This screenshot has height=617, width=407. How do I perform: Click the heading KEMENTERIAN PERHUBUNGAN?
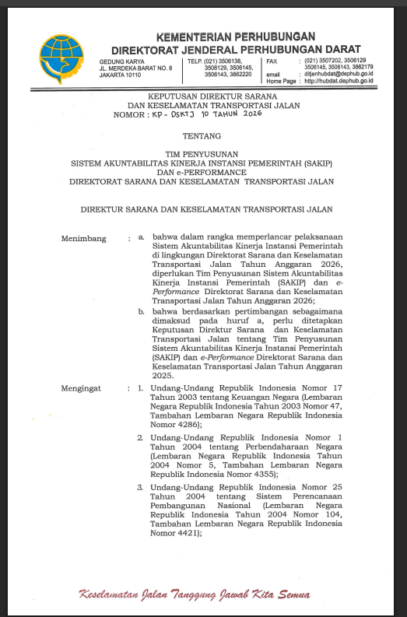pyautogui.click(x=235, y=37)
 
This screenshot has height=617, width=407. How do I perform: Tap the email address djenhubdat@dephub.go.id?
pyautogui.click(x=339, y=74)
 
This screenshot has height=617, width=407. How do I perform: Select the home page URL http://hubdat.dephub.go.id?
pyautogui.click(x=339, y=81)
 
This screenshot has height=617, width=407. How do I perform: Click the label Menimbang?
pyautogui.click(x=83, y=239)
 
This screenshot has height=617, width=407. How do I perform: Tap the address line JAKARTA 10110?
pyautogui.click(x=119, y=75)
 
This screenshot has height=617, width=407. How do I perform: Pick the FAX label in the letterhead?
pyautogui.click(x=272, y=60)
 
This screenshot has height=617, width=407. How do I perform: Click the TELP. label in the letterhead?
pyautogui.click(x=195, y=60)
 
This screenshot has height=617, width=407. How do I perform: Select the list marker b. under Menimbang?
pyautogui.click(x=142, y=310)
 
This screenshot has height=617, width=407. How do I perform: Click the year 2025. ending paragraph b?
pyautogui.click(x=163, y=375)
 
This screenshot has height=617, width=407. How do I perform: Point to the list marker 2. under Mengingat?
pyautogui.click(x=141, y=437)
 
